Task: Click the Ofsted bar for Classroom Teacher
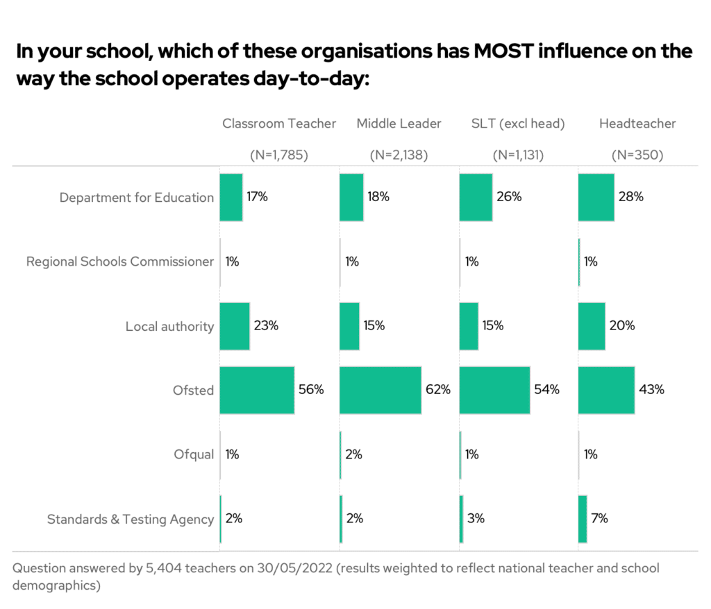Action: [x=257, y=390]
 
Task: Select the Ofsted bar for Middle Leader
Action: [x=380, y=390]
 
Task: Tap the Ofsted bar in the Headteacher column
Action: [x=606, y=390]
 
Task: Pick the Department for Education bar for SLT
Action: [x=476, y=197]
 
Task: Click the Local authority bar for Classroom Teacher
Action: [x=235, y=326]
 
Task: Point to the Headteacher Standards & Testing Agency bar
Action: [x=583, y=519]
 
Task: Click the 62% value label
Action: [x=438, y=390]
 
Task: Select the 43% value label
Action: [x=651, y=390]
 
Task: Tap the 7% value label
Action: [x=600, y=519]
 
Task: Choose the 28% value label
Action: [x=630, y=197]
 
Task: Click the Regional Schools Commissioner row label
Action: [x=120, y=261]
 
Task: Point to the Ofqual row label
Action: [x=194, y=455]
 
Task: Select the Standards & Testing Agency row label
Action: [x=131, y=520]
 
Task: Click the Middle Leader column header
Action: [x=399, y=123]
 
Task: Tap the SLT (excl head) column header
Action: [x=518, y=123]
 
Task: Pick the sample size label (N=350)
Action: [x=637, y=155]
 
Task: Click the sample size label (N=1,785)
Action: [x=279, y=155]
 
